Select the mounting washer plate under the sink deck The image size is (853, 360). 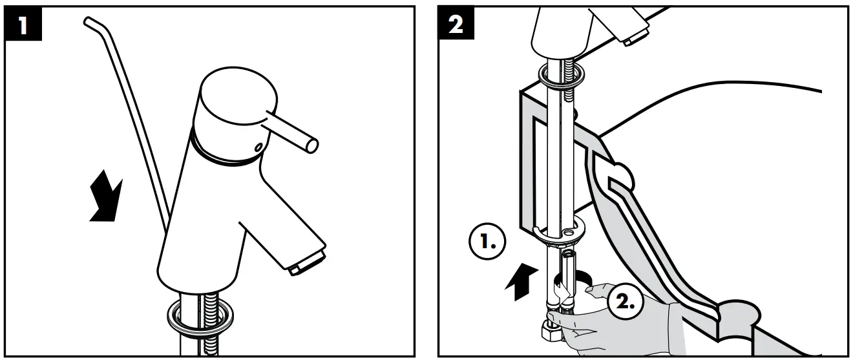(557, 230)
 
